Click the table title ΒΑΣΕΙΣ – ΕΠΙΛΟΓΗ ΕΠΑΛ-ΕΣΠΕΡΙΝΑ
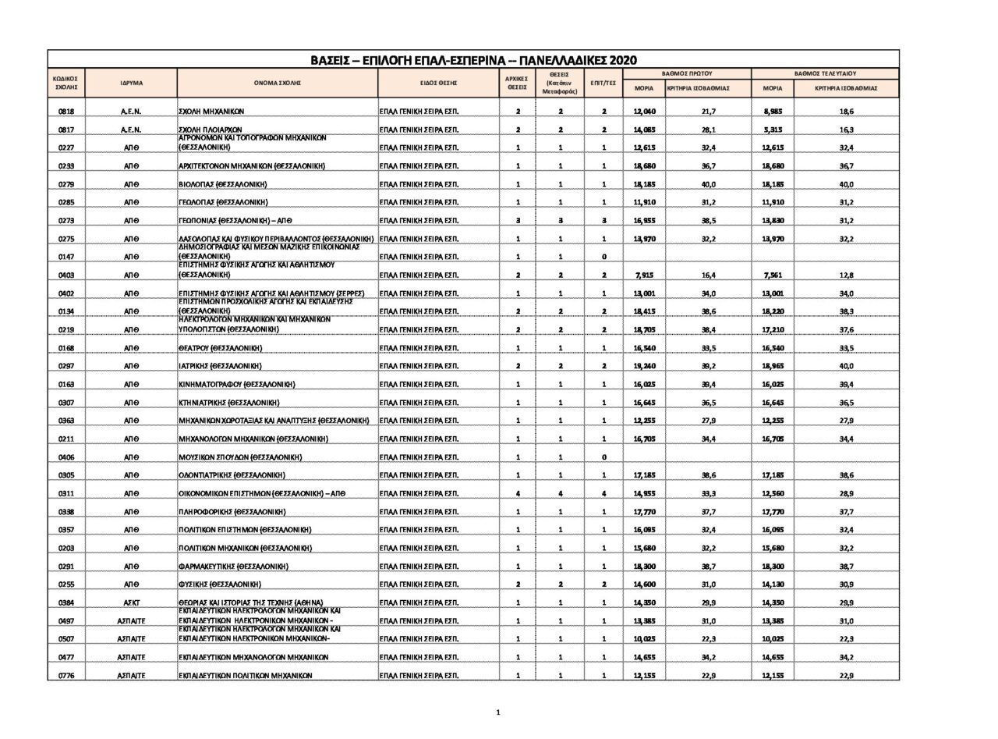(x=473, y=60)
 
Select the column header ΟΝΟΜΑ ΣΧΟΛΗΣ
(x=277, y=83)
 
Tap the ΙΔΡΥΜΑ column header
(x=131, y=83)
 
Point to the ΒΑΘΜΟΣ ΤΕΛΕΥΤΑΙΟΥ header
(x=825, y=73)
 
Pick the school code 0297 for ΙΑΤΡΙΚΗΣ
(x=66, y=366)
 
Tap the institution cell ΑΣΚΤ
(x=131, y=602)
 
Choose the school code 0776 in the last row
(x=66, y=676)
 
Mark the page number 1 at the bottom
(x=498, y=712)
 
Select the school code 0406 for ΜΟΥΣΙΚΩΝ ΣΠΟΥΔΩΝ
(x=66, y=457)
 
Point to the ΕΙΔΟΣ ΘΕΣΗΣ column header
(x=438, y=83)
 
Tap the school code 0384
(x=66, y=602)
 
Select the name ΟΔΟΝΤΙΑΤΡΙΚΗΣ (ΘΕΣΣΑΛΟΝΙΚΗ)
(x=232, y=475)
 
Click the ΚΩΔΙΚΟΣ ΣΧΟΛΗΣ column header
(x=66, y=83)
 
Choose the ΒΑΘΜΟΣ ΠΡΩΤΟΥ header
(x=687, y=73)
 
